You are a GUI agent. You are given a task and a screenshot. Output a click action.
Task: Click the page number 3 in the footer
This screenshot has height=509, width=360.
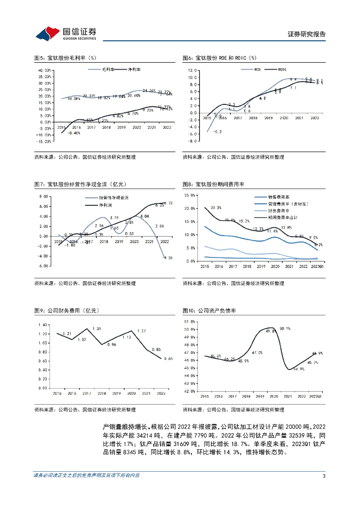click(324, 476)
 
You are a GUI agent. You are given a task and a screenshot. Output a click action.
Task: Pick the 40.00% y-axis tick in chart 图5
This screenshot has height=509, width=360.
click(45, 71)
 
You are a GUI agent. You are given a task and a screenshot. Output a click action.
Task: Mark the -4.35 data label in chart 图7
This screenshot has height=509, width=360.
click(167, 257)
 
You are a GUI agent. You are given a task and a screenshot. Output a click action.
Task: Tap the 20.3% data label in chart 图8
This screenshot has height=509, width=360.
click(216, 207)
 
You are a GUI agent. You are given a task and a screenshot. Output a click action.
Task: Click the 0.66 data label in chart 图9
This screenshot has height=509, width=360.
click(169, 358)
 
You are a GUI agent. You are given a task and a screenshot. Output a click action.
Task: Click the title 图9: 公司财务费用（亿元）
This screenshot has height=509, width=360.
click(67, 311)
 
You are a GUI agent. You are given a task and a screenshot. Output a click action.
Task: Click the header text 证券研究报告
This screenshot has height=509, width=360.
click(307, 34)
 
